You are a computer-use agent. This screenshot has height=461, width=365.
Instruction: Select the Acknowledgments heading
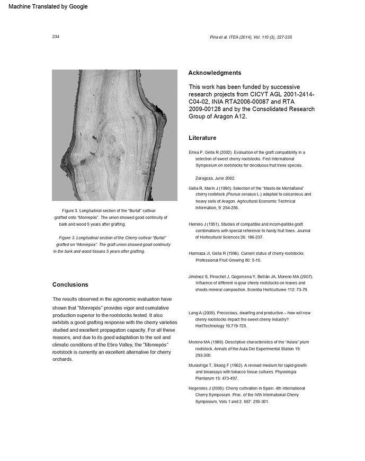coord(215,73)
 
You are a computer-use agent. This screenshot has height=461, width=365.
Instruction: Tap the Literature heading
coord(202,138)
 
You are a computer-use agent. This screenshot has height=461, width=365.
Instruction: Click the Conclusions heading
coord(70,285)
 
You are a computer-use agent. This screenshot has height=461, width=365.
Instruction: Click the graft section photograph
coord(114,136)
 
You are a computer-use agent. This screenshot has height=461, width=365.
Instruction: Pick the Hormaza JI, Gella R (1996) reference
coord(243,257)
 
